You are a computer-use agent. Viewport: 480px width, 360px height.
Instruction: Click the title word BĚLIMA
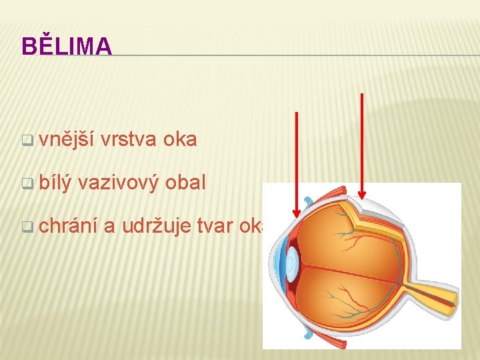pyautogui.click(x=67, y=46)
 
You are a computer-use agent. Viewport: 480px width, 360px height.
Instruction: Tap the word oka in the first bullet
pyautogui.click(x=180, y=139)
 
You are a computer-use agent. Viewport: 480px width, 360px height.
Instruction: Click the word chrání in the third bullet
pyautogui.click(x=68, y=226)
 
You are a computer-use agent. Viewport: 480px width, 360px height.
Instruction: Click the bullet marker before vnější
pyautogui.click(x=27, y=141)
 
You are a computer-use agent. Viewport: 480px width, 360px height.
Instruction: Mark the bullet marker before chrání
pyautogui.click(x=27, y=227)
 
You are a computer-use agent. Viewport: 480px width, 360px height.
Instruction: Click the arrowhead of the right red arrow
pyautogui.click(x=362, y=195)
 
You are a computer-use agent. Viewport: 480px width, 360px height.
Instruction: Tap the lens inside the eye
pyautogui.click(x=292, y=263)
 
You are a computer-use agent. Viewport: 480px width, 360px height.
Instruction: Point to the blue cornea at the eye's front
pyautogui.click(x=275, y=263)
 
